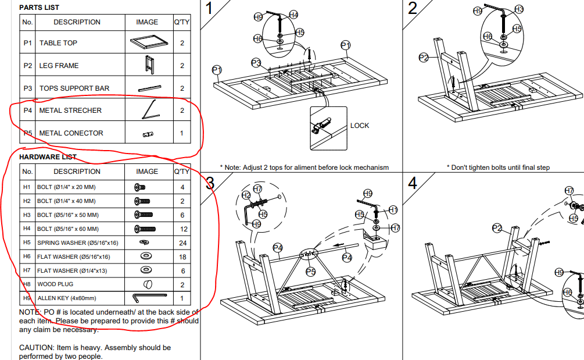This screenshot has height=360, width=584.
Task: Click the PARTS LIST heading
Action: pyautogui.click(x=39, y=8)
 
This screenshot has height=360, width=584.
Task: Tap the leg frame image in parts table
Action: pyautogui.click(x=149, y=65)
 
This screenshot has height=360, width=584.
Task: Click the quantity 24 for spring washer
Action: pyautogui.click(x=182, y=243)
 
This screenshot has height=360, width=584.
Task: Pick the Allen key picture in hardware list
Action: pyautogui.click(x=149, y=298)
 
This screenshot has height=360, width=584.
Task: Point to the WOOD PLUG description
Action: pyautogui.click(x=55, y=284)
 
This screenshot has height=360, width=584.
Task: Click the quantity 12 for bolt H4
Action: pyautogui.click(x=184, y=229)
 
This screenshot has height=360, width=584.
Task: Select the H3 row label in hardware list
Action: pyautogui.click(x=27, y=215)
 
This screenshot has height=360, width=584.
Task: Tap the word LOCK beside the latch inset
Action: pyautogui.click(x=360, y=126)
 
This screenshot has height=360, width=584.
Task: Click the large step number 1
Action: pyautogui.click(x=209, y=8)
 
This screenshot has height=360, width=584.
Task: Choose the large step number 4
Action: pyautogui.click(x=413, y=183)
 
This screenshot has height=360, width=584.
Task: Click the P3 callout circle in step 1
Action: pyautogui.click(x=256, y=63)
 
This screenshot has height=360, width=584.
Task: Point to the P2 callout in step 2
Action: pyautogui.click(x=424, y=58)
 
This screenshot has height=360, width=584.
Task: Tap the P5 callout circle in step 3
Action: pyautogui.click(x=311, y=272)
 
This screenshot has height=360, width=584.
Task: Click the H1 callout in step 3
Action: pyautogui.click(x=393, y=210)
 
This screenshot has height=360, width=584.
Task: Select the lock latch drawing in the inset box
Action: pyautogui.click(x=321, y=125)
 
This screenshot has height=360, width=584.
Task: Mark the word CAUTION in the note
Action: pyautogui.click(x=37, y=348)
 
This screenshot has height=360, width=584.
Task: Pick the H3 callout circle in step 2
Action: pyautogui.click(x=519, y=9)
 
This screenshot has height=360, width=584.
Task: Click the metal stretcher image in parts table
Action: pyautogui.click(x=151, y=110)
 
